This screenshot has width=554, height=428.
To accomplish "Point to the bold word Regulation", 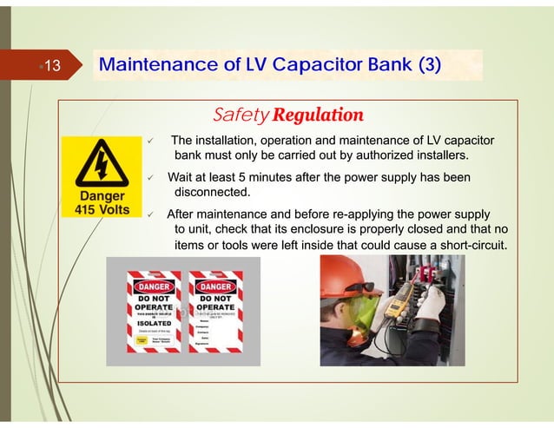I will tap(317, 115).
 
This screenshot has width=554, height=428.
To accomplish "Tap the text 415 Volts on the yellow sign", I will tap(96, 209).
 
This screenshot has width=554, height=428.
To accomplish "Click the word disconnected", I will tap(213, 192).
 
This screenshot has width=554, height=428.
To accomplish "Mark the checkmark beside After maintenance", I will tap(149, 214).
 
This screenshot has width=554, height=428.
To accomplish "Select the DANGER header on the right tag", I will tap(216, 286).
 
